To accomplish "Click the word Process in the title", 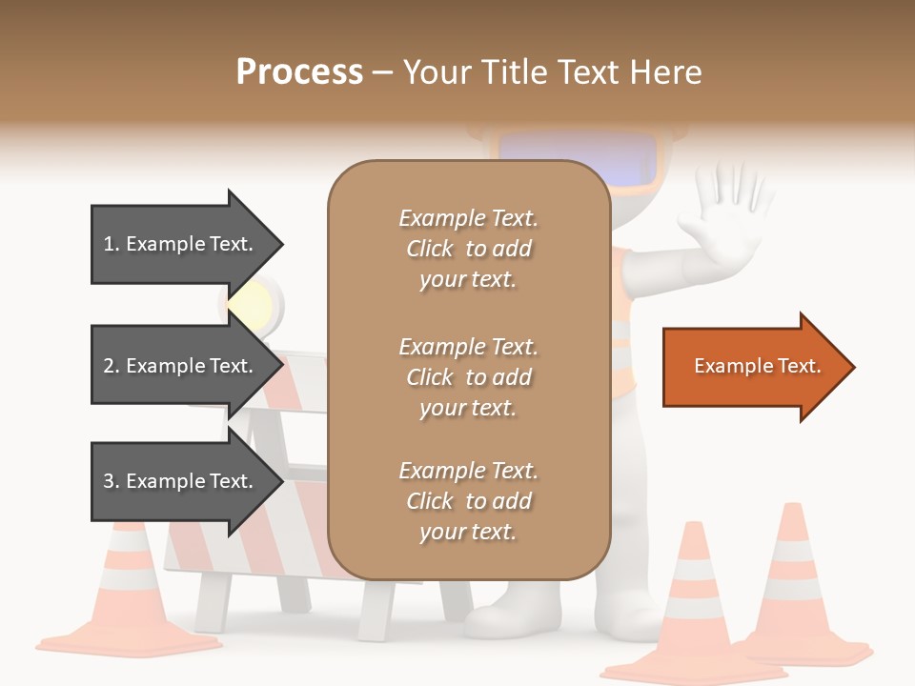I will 299,72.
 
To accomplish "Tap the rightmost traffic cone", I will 796,591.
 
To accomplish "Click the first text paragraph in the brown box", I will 468,249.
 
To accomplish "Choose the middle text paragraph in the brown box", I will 468,377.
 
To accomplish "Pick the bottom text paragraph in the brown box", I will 468,501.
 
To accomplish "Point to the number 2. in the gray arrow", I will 112,366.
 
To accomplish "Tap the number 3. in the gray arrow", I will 112,481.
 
